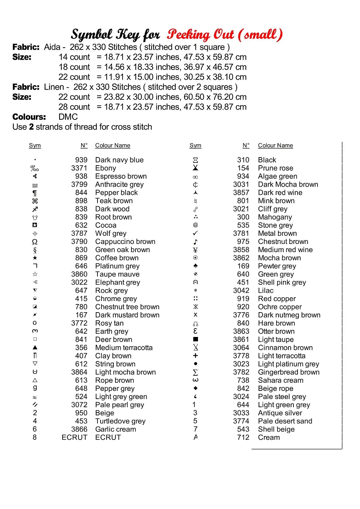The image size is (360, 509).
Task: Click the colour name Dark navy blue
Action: tap(119, 160)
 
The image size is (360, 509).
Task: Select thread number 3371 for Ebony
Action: tap(79, 168)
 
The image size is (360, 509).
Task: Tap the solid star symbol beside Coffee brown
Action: tap(35, 258)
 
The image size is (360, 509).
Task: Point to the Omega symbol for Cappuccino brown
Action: tap(35, 242)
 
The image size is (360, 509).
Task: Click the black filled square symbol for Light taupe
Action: tap(195, 339)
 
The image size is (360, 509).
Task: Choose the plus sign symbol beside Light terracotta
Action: tap(195, 356)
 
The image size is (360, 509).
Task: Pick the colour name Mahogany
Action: tap(275, 217)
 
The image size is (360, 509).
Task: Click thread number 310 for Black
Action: tap(243, 160)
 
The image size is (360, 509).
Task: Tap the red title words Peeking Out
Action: tap(200, 35)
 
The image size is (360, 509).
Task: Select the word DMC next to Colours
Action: tap(68, 117)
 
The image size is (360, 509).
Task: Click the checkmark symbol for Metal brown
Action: tap(195, 233)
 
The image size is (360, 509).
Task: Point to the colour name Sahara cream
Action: tap(281, 380)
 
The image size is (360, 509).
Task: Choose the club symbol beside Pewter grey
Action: tap(195, 266)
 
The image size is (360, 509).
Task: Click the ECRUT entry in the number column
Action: tap(74, 437)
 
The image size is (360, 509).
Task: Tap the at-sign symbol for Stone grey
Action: tap(195, 225)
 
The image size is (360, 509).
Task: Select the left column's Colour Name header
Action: tap(112, 146)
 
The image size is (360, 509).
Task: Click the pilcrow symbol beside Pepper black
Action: tap(35, 193)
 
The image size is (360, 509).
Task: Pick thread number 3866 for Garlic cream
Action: tap(79, 429)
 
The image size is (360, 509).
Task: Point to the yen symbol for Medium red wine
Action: tap(195, 250)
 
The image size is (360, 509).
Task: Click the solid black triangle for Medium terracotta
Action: tap(35, 347)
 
